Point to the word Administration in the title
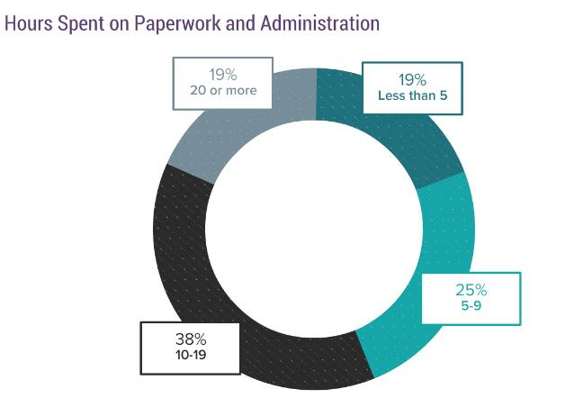click(x=320, y=23)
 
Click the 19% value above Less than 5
click(x=412, y=80)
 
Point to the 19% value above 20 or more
click(x=222, y=74)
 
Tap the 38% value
click(x=191, y=339)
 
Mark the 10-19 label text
click(x=191, y=355)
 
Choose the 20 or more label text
click(x=222, y=90)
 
